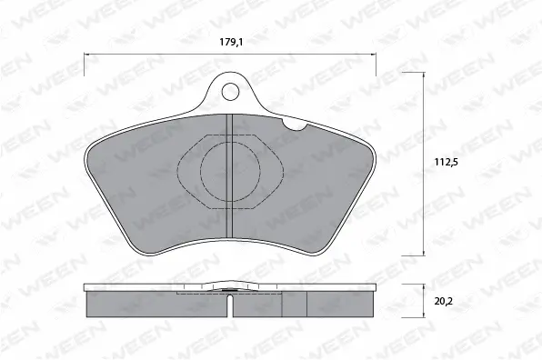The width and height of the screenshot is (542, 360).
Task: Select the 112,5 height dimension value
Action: pyautogui.click(x=443, y=165)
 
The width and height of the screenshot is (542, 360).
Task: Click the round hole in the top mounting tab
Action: pyautogui.click(x=231, y=91)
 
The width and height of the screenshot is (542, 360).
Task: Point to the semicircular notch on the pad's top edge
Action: pyautogui.click(x=294, y=125)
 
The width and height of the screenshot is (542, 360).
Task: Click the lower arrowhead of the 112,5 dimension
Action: pyautogui.click(x=426, y=253)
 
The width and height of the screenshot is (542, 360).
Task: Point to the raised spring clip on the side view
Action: pyautogui.click(x=230, y=291)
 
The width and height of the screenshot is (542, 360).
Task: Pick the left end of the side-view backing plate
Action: pyautogui.click(x=85, y=289)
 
